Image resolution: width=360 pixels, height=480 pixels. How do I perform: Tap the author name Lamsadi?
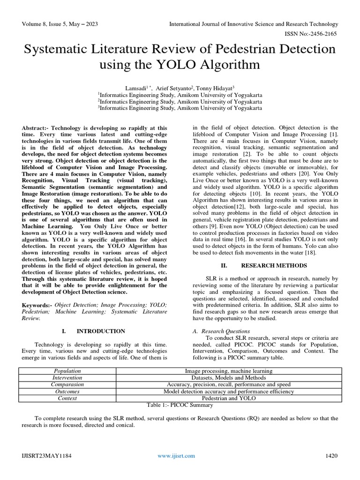tap(135, 88)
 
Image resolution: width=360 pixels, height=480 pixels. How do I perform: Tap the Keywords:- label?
tap(37, 305)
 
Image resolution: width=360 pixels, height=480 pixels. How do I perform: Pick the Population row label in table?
tap(67, 370)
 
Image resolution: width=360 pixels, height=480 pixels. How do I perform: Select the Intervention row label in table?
tap(67, 377)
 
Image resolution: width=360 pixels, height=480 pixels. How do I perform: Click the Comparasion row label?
tap(67, 384)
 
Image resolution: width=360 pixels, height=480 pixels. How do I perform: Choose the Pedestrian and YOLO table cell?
tap(228, 398)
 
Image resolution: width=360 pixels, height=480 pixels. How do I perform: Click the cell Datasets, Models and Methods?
tap(228, 377)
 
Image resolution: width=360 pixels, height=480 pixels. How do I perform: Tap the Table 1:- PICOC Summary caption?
tap(180, 405)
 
